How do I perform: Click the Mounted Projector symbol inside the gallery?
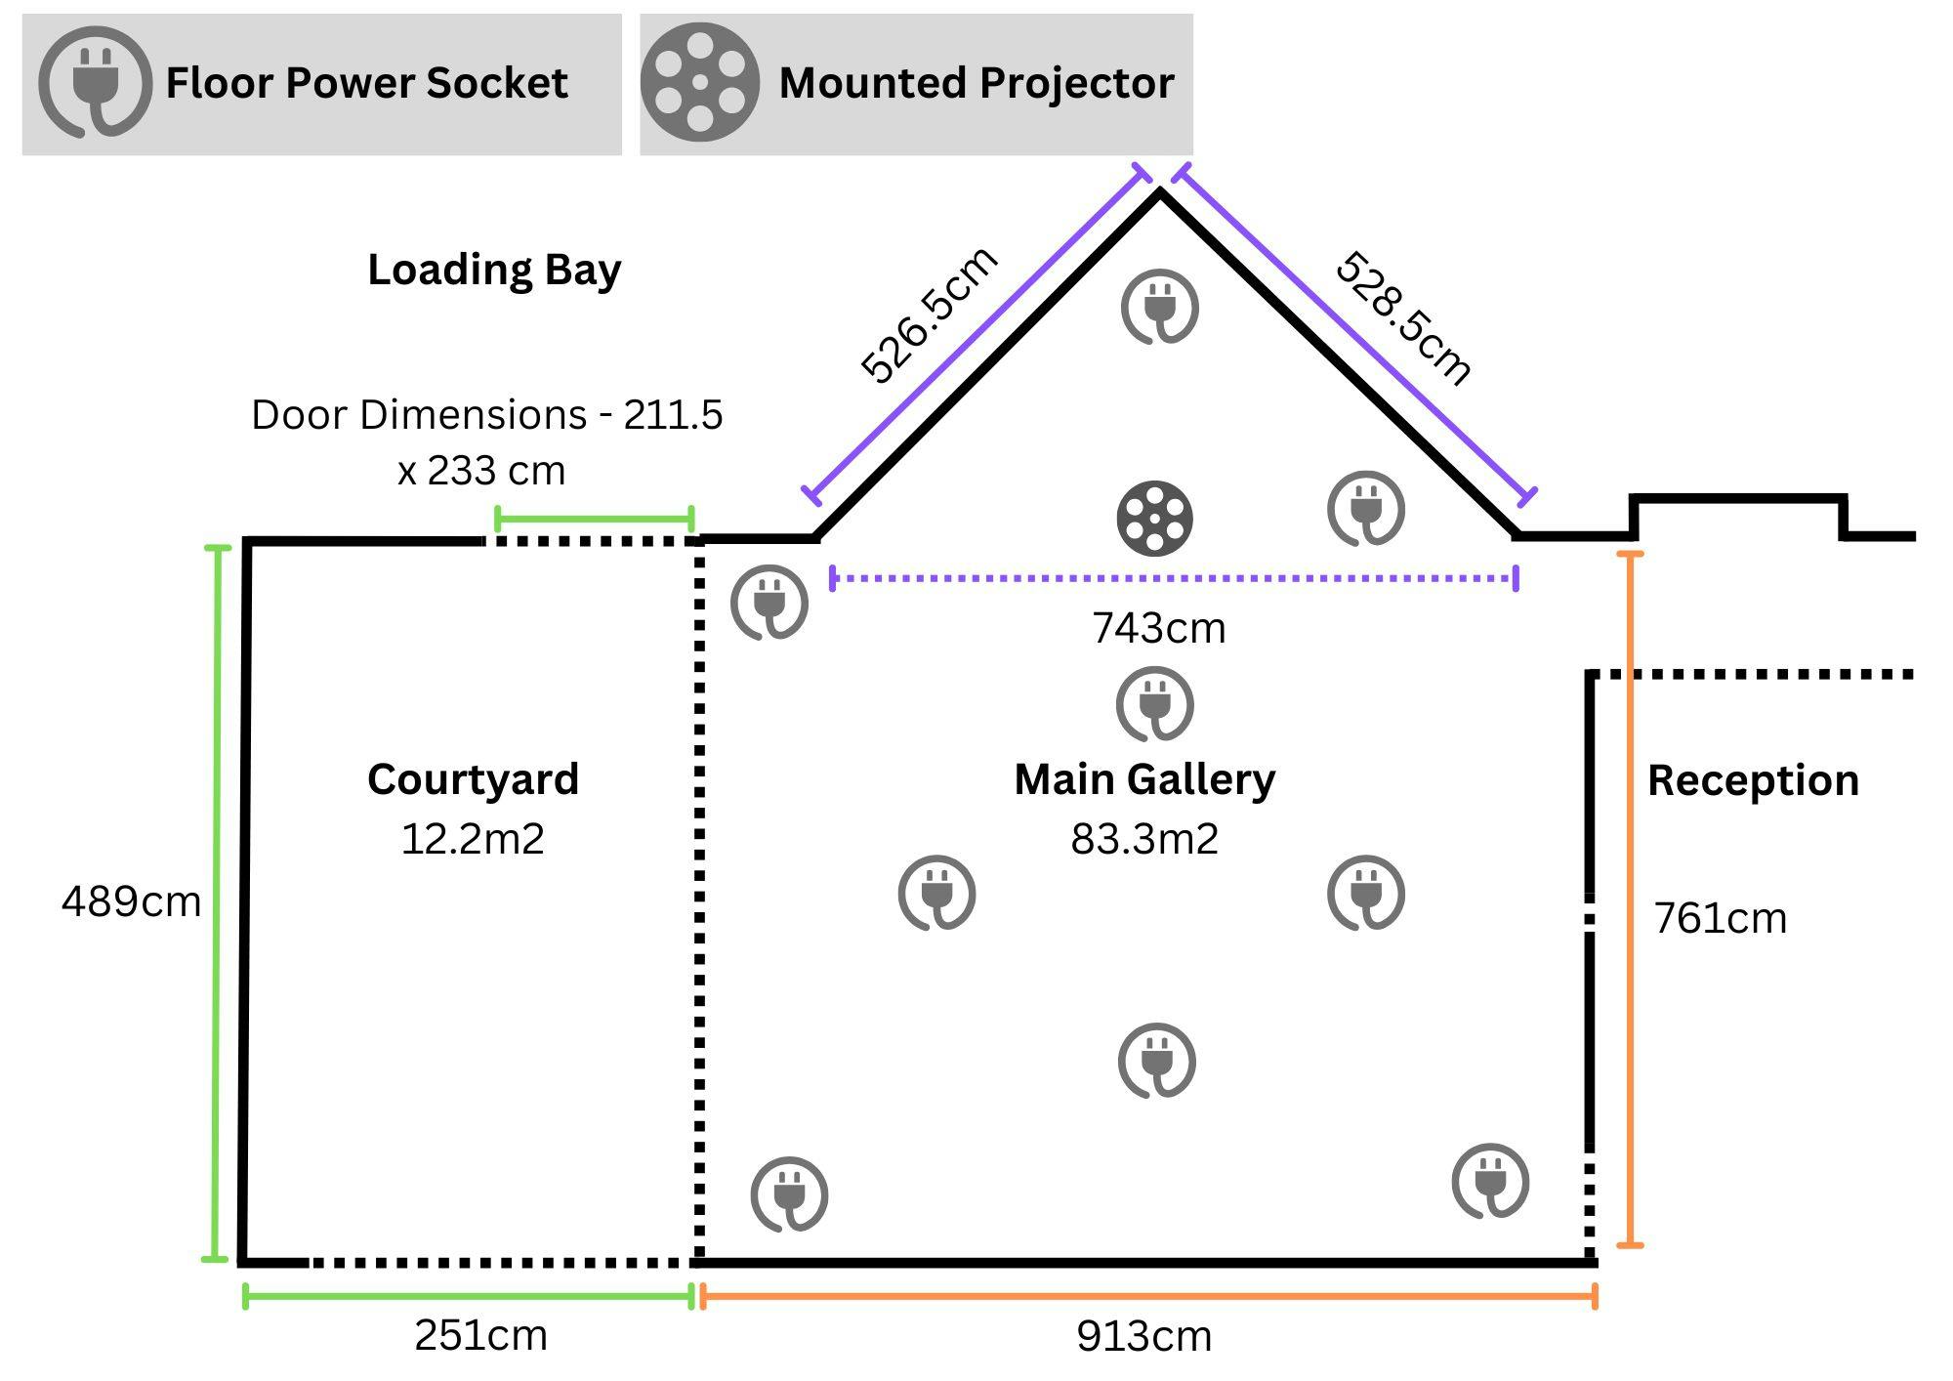coord(1154,518)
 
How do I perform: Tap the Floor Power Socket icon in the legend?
coord(95,82)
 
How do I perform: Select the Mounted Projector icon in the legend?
coord(699,82)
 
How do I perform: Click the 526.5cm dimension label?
coord(929,314)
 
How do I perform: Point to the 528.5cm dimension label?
coord(1403,317)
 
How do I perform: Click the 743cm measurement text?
coord(1158,628)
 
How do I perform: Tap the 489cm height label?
coord(131,900)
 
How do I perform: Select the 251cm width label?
coord(480,1335)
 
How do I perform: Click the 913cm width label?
coord(1143,1336)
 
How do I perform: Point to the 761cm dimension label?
coord(1720,918)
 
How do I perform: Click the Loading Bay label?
coord(494,270)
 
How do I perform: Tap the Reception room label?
coord(1753,780)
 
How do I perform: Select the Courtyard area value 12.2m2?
coord(473,839)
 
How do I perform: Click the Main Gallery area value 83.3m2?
coord(1144,839)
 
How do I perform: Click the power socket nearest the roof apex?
coord(1159,308)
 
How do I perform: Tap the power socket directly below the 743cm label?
coord(1155,704)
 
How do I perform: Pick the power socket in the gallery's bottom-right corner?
coord(1490,1181)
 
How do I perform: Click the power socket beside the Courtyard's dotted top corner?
coord(769,603)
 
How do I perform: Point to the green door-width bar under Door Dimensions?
coord(594,519)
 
